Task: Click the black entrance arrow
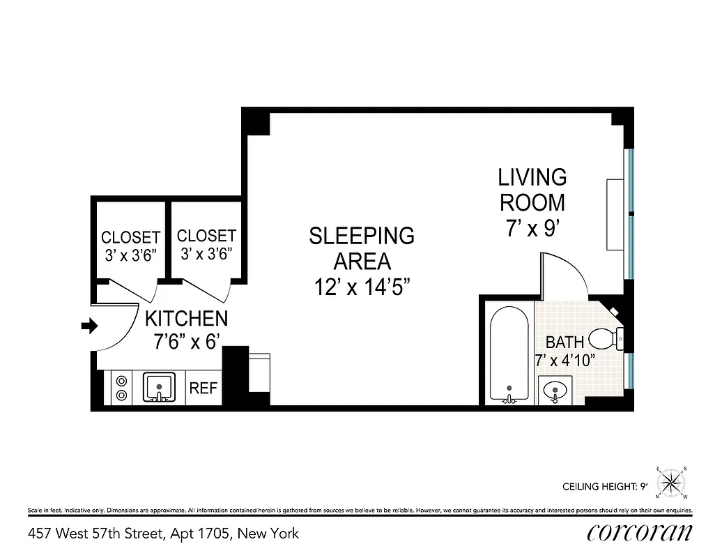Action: [x=89, y=326]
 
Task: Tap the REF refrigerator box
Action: [x=203, y=389]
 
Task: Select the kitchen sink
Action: [x=159, y=387]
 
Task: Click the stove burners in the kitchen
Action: [x=121, y=388]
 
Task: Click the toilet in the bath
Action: [x=604, y=340]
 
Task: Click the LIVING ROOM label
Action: [x=532, y=189]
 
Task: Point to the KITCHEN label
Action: [x=186, y=319]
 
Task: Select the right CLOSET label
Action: [x=206, y=236]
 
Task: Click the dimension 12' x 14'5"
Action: [x=361, y=287]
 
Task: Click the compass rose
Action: [x=672, y=482]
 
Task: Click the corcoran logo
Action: [x=639, y=533]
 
